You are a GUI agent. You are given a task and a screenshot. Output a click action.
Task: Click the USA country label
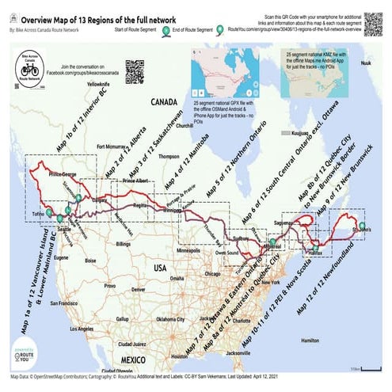[x=160, y=268]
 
